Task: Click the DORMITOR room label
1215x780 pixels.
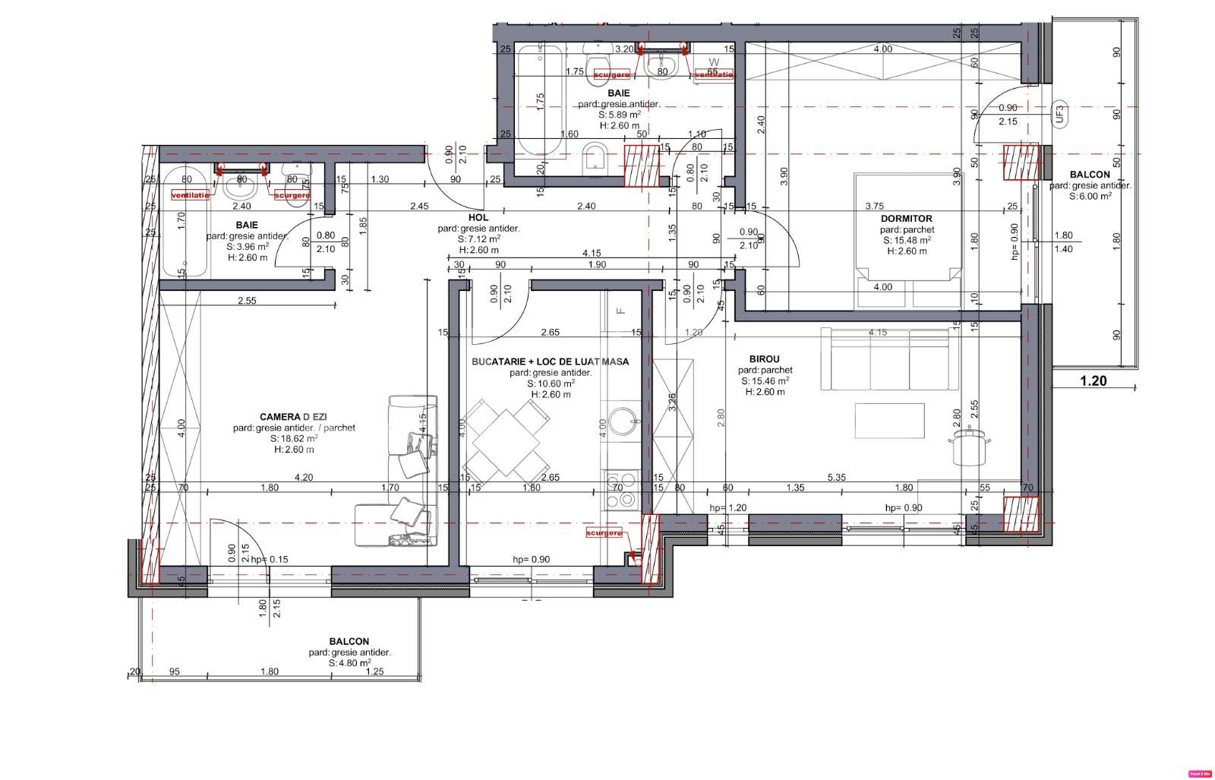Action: tap(906, 219)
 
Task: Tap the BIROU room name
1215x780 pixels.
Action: tap(764, 359)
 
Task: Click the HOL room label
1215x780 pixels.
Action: tap(478, 218)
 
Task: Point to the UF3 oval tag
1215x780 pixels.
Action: tap(1060, 114)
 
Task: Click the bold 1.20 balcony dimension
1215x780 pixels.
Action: tap(1093, 381)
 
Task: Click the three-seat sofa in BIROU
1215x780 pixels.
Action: tap(885, 358)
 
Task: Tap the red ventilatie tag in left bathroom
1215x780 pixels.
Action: tap(190, 195)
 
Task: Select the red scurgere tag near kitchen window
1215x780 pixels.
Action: tap(604, 533)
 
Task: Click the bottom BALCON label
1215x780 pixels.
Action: tap(349, 642)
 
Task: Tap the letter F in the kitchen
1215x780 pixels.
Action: tap(620, 310)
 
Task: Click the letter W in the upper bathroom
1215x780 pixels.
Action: tap(713, 62)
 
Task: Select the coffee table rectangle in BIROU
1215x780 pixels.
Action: tap(889, 421)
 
